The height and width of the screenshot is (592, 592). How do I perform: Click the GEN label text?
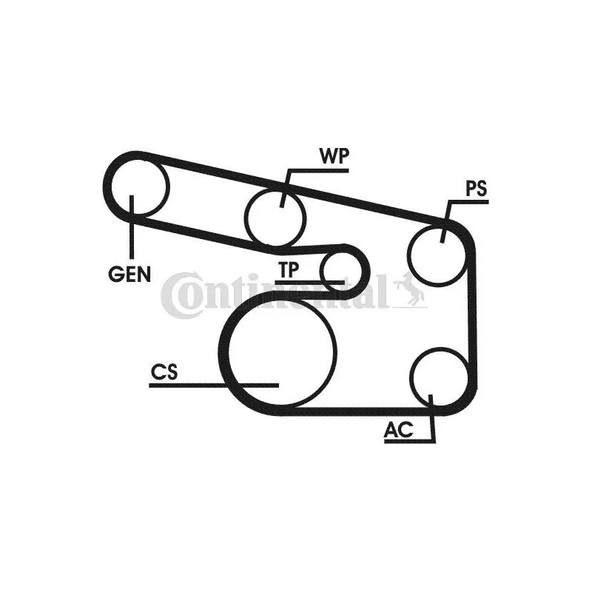[x=129, y=274]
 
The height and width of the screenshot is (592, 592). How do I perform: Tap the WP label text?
[x=334, y=156]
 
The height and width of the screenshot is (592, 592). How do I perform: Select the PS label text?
[x=476, y=189]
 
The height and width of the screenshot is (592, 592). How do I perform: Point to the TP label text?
[x=289, y=269]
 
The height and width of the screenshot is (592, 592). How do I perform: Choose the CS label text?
[x=164, y=372]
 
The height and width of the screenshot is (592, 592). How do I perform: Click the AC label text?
[x=399, y=430]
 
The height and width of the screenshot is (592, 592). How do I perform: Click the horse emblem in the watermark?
[x=409, y=288]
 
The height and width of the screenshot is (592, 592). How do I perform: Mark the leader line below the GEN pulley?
[x=132, y=226]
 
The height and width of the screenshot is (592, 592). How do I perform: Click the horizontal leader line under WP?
[x=318, y=171]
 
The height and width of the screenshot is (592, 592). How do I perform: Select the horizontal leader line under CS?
[x=214, y=386]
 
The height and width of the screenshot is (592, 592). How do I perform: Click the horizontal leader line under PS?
[x=468, y=202]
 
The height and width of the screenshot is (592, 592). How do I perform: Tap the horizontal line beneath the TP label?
[x=309, y=282]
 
